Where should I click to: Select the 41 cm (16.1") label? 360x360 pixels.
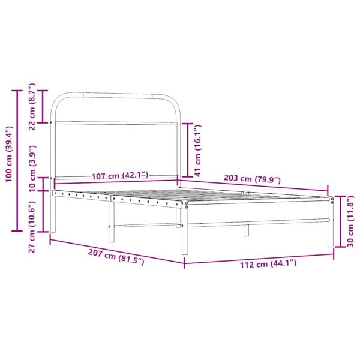tap(199, 146)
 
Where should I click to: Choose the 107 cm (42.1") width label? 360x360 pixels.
tap(120, 176)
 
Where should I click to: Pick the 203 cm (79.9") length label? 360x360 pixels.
tap(251, 178)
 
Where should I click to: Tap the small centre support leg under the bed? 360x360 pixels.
tap(245, 230)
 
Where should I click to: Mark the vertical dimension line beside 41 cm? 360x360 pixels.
tap(189, 146)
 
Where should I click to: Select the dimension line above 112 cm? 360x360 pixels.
tap(259, 256)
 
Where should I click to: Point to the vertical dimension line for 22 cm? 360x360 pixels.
tap(43, 106)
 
